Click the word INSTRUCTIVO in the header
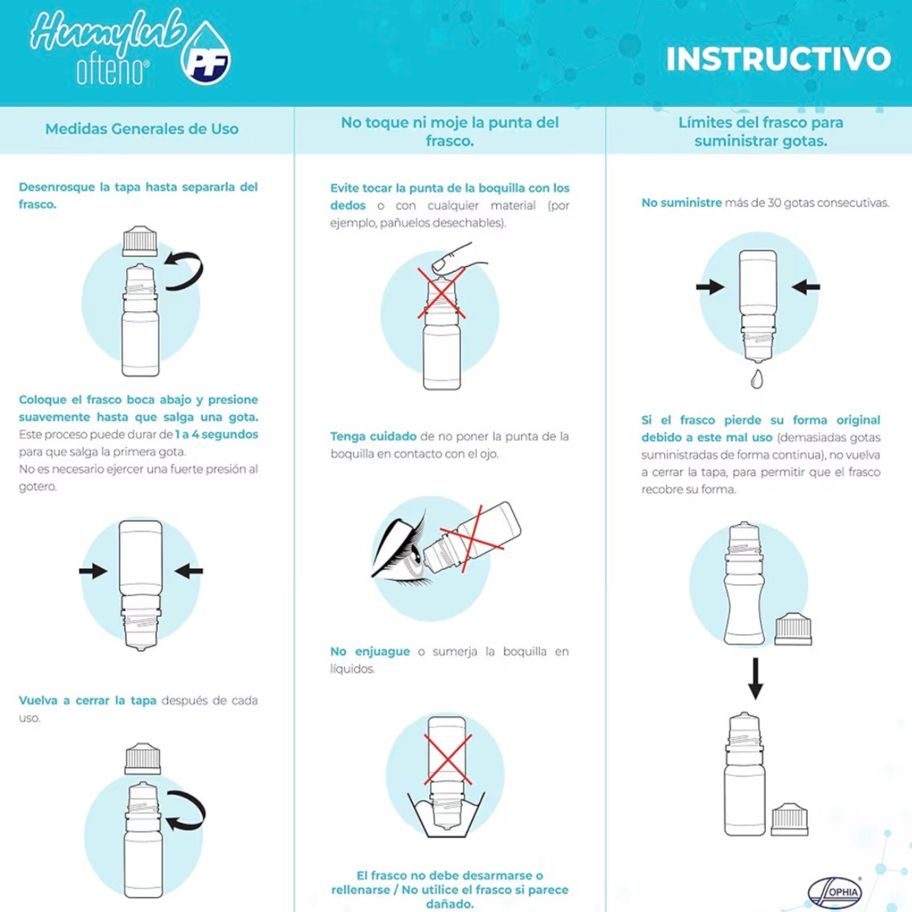tap(778, 59)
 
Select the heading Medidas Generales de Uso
tap(141, 129)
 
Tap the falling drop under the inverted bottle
tap(757, 379)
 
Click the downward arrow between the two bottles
tap(755, 678)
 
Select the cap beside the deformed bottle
tap(793, 629)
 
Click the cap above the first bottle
tap(140, 241)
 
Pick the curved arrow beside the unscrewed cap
tap(186, 271)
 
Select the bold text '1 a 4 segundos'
tap(216, 434)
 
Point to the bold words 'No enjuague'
tap(370, 651)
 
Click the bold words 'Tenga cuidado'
tap(374, 436)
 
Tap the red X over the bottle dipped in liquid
tap(447, 759)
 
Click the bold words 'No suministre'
tap(682, 203)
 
